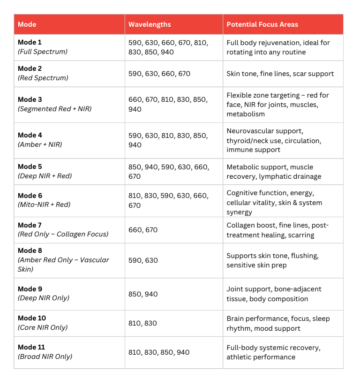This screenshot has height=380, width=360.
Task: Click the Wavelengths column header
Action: (x=150, y=24)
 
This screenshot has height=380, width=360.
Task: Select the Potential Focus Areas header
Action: (x=262, y=24)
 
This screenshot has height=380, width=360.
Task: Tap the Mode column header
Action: (x=27, y=24)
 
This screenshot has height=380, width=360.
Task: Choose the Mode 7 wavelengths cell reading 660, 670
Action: (x=143, y=230)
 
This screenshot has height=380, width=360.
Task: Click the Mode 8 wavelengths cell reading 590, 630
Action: (x=143, y=260)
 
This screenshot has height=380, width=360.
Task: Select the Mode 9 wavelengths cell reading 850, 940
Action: (x=143, y=294)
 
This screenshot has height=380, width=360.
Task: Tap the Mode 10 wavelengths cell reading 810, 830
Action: (x=143, y=323)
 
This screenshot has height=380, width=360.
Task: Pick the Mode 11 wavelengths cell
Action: (x=159, y=352)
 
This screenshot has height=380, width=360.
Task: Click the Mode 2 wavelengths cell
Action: (x=159, y=74)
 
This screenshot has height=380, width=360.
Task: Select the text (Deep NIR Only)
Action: (x=43, y=298)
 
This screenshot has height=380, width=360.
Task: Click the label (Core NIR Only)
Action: (x=43, y=327)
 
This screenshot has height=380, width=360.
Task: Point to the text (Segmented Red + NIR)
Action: (x=54, y=109)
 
